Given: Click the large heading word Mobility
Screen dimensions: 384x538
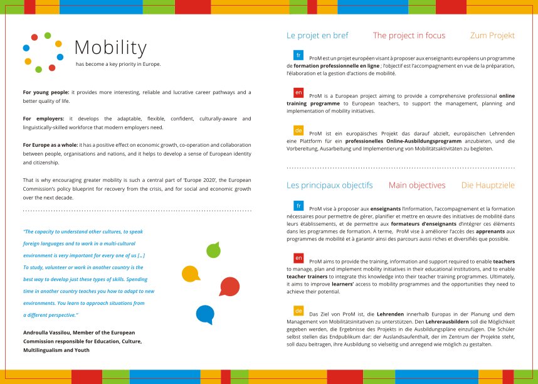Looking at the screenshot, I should click(x=110, y=48).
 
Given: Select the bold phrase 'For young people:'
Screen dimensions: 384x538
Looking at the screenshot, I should click(x=46, y=92).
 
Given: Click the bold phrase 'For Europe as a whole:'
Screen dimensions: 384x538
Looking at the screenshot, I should click(x=50, y=145).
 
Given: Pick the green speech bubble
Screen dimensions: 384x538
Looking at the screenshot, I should click(x=213, y=250).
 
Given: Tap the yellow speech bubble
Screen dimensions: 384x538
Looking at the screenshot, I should click(x=190, y=274).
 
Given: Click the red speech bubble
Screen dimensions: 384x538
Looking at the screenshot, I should click(x=229, y=286).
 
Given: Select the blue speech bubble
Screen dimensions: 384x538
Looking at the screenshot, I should click(x=205, y=312).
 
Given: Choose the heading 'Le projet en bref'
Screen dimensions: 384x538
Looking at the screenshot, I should click(x=317, y=36).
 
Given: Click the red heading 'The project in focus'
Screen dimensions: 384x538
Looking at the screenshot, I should click(x=409, y=36).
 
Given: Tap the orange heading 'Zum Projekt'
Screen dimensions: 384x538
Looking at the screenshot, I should click(x=492, y=36).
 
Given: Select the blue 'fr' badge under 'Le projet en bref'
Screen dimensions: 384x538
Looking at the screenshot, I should click(x=298, y=55).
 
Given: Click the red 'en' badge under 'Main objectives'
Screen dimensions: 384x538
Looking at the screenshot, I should click(x=298, y=258).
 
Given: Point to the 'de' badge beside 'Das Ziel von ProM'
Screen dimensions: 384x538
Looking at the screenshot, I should click(x=298, y=311).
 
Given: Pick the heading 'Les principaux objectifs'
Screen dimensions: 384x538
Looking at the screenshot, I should click(x=330, y=185).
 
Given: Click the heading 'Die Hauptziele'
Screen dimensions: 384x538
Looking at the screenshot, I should click(x=488, y=185).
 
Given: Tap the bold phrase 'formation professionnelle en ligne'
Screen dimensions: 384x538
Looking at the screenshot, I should click(x=336, y=65).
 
